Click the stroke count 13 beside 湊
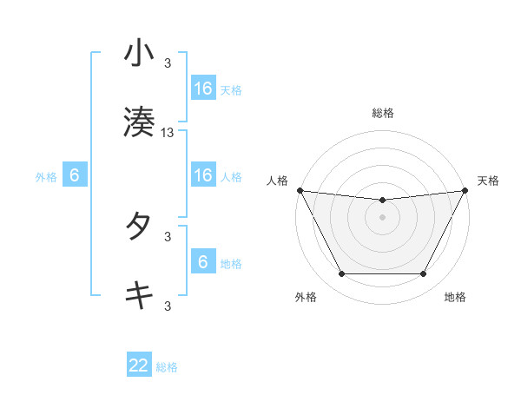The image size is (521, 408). (x=168, y=132)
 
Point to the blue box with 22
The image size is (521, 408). (x=139, y=365)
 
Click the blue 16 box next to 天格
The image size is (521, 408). (x=203, y=88)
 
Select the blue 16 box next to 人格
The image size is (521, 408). (x=203, y=174)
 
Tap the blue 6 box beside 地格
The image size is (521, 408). (x=203, y=261)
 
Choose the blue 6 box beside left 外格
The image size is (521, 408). (x=75, y=175)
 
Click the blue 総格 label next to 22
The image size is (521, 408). (x=167, y=367)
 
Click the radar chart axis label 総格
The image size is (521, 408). (x=383, y=113)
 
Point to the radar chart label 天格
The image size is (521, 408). (x=488, y=181)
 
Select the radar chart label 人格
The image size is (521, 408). (x=278, y=181)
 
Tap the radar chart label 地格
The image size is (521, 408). (x=455, y=298)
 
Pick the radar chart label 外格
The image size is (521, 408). (x=306, y=298)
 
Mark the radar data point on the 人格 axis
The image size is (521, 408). (x=300, y=190)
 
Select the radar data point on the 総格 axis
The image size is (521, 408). (x=383, y=201)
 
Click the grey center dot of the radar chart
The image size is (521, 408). (x=383, y=217)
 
